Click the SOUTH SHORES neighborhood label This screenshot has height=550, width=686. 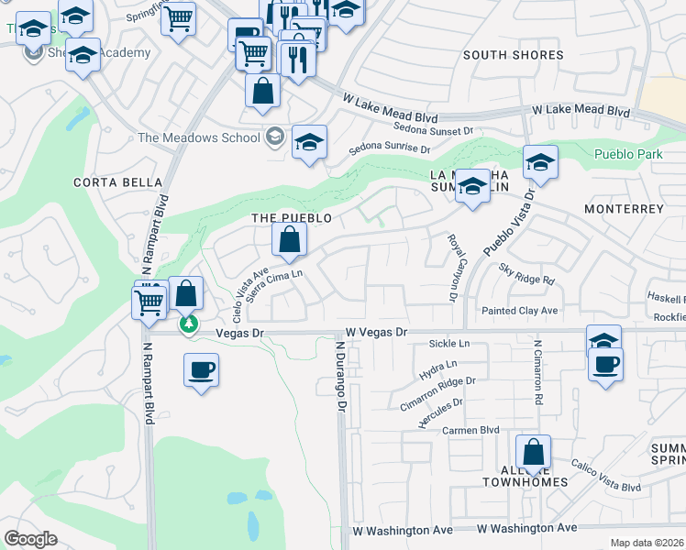(513, 55)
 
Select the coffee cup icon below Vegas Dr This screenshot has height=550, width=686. (201, 370)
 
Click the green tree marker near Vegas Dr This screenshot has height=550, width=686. (189, 324)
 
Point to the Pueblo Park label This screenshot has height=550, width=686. (628, 154)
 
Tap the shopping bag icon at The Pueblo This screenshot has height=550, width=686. (289, 240)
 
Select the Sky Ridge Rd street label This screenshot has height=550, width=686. (527, 273)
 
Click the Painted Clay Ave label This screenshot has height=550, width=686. (520, 311)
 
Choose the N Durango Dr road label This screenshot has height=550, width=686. (340, 376)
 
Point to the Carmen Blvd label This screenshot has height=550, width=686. (470, 430)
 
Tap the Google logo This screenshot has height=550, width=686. (30, 539)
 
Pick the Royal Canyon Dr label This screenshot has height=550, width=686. (452, 267)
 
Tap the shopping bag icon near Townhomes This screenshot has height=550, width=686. (533, 453)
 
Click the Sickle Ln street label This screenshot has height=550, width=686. (448, 344)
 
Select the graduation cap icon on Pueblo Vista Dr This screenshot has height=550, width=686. (541, 164)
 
